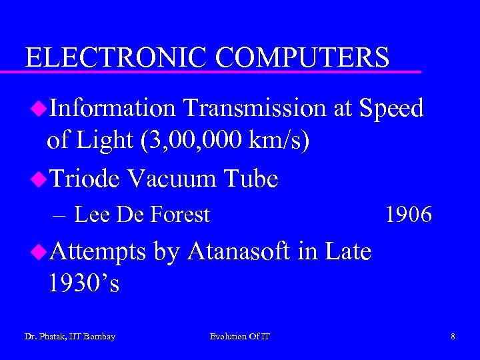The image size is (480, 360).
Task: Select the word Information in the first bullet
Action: tap(112, 107)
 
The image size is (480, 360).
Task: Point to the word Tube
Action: tap(251, 178)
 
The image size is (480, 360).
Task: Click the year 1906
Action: tap(409, 215)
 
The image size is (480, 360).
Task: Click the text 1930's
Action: tap(83, 284)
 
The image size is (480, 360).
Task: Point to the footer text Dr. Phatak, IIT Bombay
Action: tap(69, 337)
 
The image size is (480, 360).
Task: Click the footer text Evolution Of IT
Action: tap(240, 337)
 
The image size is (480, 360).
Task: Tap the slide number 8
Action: tap(453, 337)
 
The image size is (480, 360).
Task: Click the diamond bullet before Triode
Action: tap(39, 178)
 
